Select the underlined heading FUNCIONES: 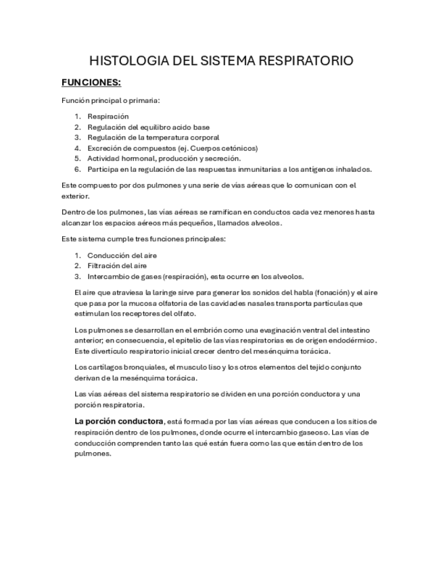pos(91,83)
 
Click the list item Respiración pos(108,116)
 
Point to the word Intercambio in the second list pos(108,276)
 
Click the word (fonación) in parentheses pos(326,292)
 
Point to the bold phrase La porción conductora pos(118,421)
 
